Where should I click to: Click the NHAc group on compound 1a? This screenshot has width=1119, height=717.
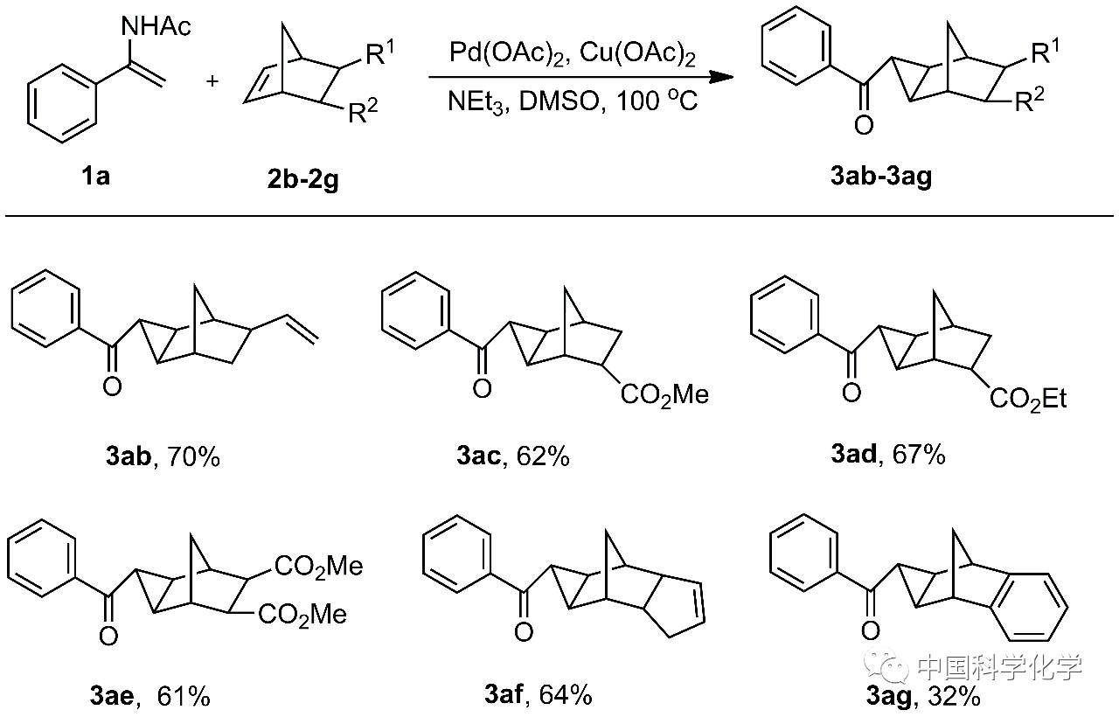(156, 28)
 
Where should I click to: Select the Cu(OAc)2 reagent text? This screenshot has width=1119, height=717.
(638, 54)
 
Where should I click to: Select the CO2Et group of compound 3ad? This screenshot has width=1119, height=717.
(1028, 400)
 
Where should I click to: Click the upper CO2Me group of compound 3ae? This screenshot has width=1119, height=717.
(318, 567)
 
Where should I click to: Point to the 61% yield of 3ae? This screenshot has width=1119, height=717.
(184, 696)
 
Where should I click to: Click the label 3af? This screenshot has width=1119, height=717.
(504, 695)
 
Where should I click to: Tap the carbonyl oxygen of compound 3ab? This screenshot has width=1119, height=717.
(112, 386)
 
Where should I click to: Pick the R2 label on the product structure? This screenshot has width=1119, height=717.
(1032, 102)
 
